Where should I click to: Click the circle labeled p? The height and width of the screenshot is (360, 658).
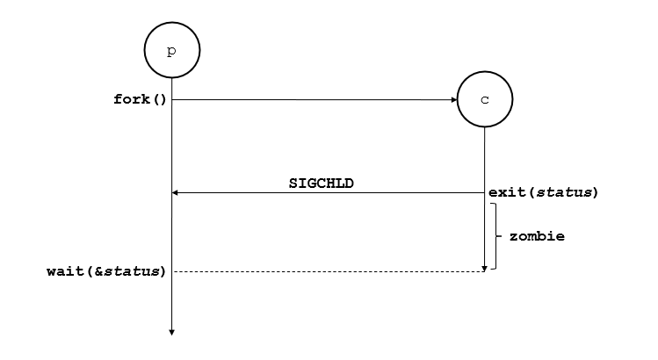pos(171,50)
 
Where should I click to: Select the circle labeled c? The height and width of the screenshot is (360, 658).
pos(485,99)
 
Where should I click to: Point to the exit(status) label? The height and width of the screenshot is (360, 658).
pos(544,192)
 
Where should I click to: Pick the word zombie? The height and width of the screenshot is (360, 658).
pos(537,236)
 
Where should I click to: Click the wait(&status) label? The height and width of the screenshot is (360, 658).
pos(105,271)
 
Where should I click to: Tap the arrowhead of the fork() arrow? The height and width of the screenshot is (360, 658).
pos(453,99)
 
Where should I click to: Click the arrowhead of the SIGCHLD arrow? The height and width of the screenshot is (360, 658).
pos(176,192)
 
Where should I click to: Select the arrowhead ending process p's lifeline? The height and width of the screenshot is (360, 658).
pos(171,331)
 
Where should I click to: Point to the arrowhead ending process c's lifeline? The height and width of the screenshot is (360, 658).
pos(485,268)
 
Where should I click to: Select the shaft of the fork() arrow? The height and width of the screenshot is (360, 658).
pos(307,99)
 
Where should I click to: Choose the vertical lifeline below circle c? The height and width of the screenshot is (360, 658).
pos(485,158)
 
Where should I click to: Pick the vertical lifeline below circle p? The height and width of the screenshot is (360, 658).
pos(171,220)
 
